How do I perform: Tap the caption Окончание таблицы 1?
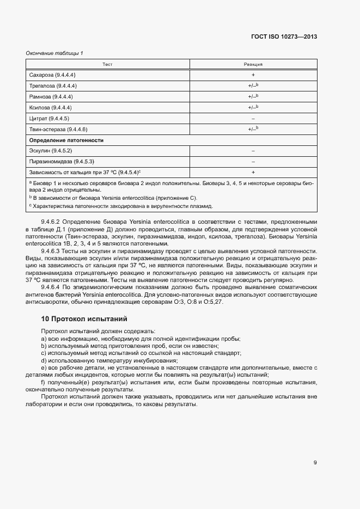54,53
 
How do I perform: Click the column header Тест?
107,64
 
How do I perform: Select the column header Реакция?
253,64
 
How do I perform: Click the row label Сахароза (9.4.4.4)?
52,75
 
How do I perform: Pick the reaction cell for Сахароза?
253,75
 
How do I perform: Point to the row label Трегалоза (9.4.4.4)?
53,85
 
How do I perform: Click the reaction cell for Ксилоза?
253,107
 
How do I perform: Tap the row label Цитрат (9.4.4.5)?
49,118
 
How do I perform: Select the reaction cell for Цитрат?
253,118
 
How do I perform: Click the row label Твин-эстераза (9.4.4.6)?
58,129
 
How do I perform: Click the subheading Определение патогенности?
66,140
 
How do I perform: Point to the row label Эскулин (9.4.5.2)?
51,151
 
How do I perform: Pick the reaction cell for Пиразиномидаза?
253,162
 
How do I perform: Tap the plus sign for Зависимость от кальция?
253,173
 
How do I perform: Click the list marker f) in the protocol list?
43,382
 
